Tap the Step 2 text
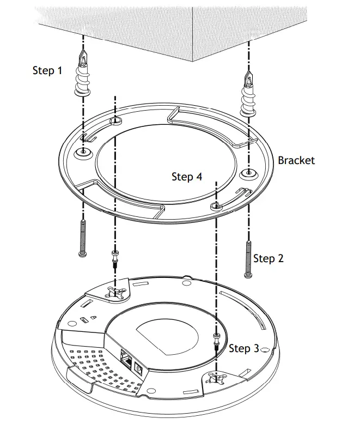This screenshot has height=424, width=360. pyautogui.click(x=269, y=258)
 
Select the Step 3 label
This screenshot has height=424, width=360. pyautogui.click(x=243, y=348)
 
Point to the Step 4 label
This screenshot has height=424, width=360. pyautogui.click(x=186, y=177)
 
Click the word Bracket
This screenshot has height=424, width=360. pyautogui.click(x=296, y=160)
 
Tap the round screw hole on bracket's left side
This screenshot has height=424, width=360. pyautogui.click(x=82, y=152)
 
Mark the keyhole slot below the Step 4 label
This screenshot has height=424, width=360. pyautogui.click(x=216, y=205)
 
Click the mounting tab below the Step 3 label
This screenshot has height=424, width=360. pyautogui.click(x=217, y=378)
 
